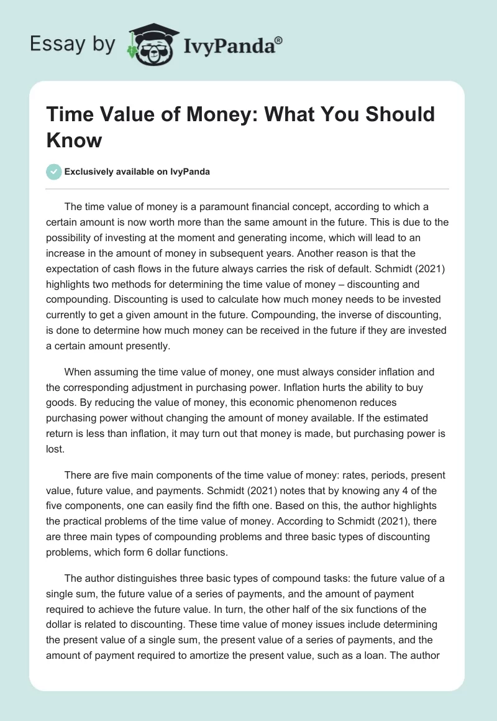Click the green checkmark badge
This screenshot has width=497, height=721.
point(53,172)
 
